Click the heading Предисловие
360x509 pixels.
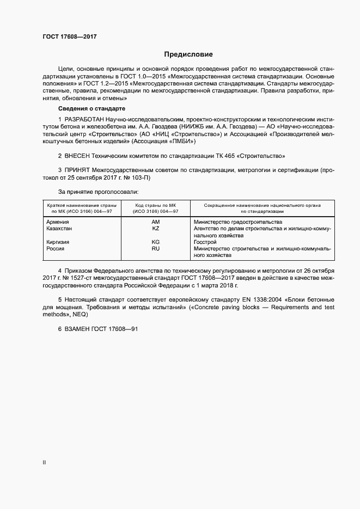pyautogui.click(x=188, y=54)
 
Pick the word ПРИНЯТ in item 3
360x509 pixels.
pyautogui.click(x=78, y=170)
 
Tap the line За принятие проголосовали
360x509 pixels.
pyautogui.click(x=98, y=192)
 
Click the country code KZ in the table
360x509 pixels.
pyautogui.click(x=155, y=229)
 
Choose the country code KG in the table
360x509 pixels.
pyautogui.click(x=155, y=242)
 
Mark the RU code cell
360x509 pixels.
pyautogui.click(x=155, y=248)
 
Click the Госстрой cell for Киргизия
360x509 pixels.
pyautogui.click(x=206, y=242)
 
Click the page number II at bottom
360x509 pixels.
pyautogui.click(x=44, y=463)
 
